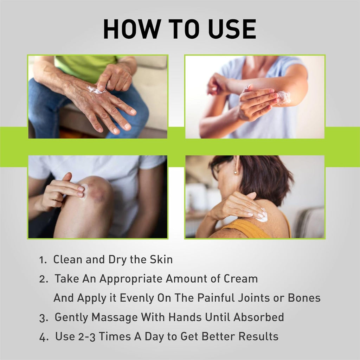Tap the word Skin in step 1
(x=161, y=259)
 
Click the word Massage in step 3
(x=114, y=317)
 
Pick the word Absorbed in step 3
(x=259, y=317)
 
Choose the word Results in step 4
(x=258, y=336)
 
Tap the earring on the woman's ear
(x=235, y=172)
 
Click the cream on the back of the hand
(x=94, y=90)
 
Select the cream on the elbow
(x=284, y=97)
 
